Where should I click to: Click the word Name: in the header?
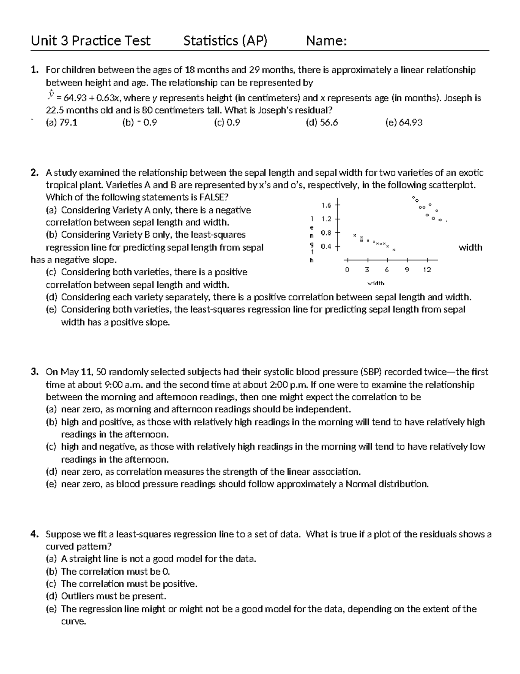[x=326, y=41]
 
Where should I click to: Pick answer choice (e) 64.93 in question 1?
[x=403, y=122]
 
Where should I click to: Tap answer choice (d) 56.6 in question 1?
[x=322, y=122]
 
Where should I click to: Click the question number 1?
[x=35, y=70]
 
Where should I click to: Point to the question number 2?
[x=35, y=173]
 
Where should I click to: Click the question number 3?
[x=35, y=372]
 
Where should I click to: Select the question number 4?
[x=35, y=534]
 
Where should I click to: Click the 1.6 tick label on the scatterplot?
[x=326, y=205]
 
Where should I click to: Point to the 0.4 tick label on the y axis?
[x=326, y=247]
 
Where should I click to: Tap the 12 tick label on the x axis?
[x=427, y=270]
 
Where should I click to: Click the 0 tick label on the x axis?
[x=347, y=270]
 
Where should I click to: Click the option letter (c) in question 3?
[x=52, y=447]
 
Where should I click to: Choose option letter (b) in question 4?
[x=52, y=572]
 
